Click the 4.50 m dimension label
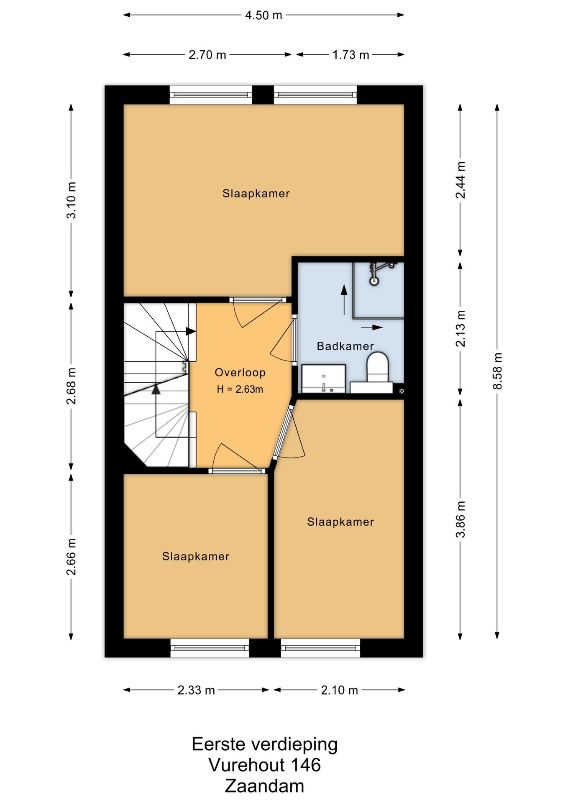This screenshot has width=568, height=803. (x=264, y=15)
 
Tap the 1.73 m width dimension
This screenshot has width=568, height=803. (x=351, y=55)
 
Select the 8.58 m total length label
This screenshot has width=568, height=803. (x=497, y=371)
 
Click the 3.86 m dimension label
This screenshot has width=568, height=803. (x=461, y=519)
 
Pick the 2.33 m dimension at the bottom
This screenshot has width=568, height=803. (x=196, y=690)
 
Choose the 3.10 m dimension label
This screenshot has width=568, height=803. (x=72, y=200)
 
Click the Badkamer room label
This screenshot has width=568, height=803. (x=345, y=346)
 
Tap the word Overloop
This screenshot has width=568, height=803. (x=240, y=372)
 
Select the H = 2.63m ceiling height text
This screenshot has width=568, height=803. (x=240, y=389)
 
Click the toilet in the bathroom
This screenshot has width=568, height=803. (x=378, y=367)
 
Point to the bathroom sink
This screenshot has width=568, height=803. (x=324, y=379)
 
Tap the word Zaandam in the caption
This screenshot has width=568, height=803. (x=264, y=786)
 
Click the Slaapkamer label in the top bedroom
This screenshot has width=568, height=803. (x=256, y=194)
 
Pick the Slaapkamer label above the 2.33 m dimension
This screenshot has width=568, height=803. (x=196, y=556)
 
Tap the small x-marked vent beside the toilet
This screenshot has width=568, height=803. (x=402, y=391)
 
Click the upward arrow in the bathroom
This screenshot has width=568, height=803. (x=344, y=299)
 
